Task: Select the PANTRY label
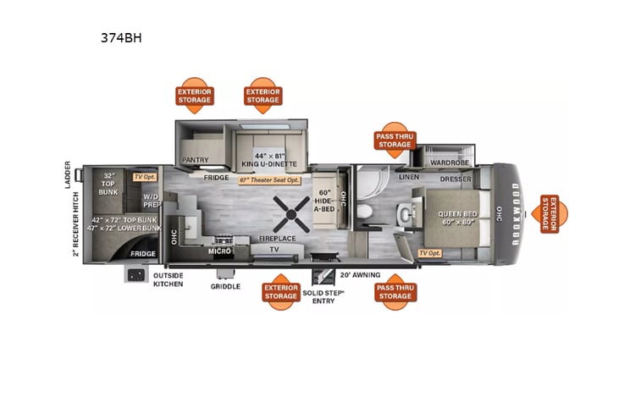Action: point(195,158)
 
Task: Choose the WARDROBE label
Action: point(447,163)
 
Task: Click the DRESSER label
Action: point(456,179)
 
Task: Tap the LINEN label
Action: point(409,177)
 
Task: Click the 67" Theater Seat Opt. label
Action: point(270,179)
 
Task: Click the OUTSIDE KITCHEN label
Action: point(169,279)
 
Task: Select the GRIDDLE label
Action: point(225,286)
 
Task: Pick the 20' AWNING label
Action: point(359,275)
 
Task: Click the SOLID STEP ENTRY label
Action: point(323,296)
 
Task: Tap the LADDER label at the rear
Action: point(69,175)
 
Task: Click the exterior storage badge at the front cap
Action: point(554,214)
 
